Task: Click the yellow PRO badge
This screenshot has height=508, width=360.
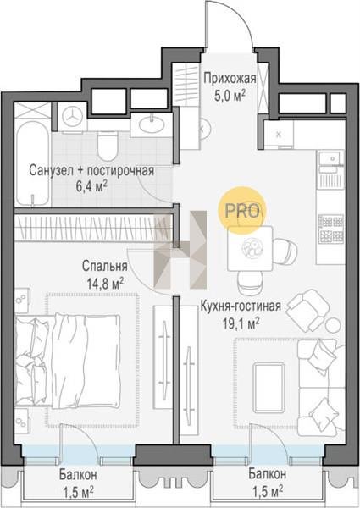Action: [x=243, y=210]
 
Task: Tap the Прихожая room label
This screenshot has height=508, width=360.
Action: [x=230, y=78]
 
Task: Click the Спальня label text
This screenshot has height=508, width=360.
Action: [x=105, y=266]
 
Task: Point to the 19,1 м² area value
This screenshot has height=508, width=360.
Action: [x=241, y=323]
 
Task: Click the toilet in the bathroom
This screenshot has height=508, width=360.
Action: [x=108, y=146]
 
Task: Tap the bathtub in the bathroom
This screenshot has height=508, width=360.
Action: [x=33, y=163]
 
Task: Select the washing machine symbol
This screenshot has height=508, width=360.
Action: [x=72, y=117]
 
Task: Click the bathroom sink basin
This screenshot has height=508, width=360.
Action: [x=151, y=124]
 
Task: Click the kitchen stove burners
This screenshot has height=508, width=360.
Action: [x=331, y=229]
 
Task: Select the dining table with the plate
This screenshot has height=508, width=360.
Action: [x=250, y=248]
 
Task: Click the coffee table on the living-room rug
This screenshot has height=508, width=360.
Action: [x=269, y=388]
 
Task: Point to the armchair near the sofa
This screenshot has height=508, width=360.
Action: [x=307, y=310]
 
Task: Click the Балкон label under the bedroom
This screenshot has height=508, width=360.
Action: [x=78, y=475]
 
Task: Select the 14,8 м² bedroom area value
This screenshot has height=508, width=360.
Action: [x=105, y=284]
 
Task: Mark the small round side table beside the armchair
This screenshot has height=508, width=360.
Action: [x=333, y=324]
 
